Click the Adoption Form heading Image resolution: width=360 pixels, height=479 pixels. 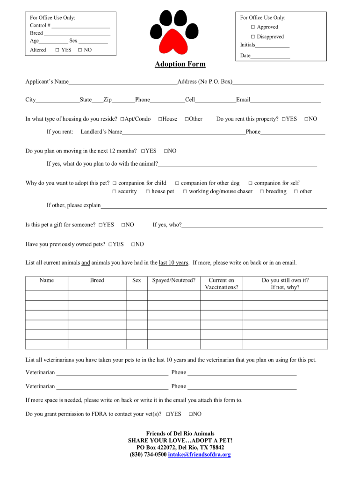pos(180,64)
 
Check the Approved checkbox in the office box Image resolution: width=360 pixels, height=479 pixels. pos(252,27)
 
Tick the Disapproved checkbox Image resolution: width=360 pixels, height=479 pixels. pos(252,37)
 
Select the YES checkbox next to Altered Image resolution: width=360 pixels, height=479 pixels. pos(57,50)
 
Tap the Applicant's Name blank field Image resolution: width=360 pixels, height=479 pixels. pos(122,82)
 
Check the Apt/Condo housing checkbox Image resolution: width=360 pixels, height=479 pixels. pos(122,119)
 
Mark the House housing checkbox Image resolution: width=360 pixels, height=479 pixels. pos(160,119)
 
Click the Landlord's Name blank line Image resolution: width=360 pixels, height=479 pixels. pos(184,132)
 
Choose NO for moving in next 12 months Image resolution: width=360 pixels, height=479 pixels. pos(166,151)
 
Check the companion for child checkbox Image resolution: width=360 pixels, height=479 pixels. pos(114,183)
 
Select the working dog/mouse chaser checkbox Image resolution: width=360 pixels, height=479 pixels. pos(185,192)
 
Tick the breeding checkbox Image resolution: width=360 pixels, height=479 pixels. pos(262,192)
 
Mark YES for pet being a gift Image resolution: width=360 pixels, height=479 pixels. pos(101,225)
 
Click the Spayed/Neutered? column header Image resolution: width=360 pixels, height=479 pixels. pos(174,281)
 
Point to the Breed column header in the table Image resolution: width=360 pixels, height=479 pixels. pos(97,281)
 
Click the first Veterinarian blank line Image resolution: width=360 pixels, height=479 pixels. pos(112,373)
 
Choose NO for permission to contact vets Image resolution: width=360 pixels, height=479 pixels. pos(191,414)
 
